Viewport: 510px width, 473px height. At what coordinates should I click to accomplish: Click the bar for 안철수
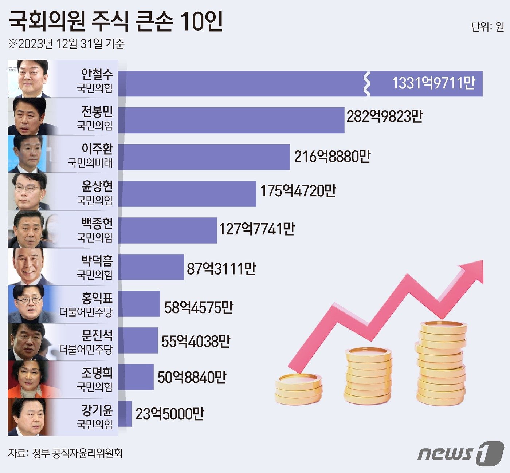[240, 84]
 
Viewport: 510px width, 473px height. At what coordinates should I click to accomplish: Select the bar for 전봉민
[231, 120]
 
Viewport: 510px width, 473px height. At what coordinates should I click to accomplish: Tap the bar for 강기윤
[125, 414]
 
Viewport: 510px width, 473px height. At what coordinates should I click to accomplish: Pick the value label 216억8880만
[332, 157]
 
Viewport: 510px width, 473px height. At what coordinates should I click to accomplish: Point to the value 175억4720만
[298, 191]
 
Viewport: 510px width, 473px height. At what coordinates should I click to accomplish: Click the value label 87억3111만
[221, 269]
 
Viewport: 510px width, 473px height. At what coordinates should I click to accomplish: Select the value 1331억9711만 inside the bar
[433, 83]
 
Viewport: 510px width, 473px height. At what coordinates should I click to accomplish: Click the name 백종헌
[97, 223]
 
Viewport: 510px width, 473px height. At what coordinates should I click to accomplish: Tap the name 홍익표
[97, 298]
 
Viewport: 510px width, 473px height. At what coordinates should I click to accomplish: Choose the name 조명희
[97, 373]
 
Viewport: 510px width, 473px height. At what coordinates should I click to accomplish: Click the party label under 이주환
[90, 163]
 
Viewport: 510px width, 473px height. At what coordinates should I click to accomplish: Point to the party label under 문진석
[86, 350]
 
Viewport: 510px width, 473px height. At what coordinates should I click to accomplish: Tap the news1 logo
[460, 453]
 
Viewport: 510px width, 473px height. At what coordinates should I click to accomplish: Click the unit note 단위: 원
[487, 27]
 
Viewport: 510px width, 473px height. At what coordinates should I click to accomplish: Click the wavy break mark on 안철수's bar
[367, 84]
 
